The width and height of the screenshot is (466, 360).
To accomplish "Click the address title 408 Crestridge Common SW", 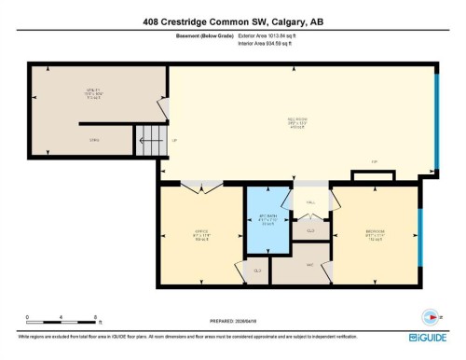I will (x=232, y=21).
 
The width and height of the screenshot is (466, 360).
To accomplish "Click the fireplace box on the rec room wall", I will (x=363, y=175).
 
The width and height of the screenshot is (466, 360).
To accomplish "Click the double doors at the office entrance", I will (x=199, y=187).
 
